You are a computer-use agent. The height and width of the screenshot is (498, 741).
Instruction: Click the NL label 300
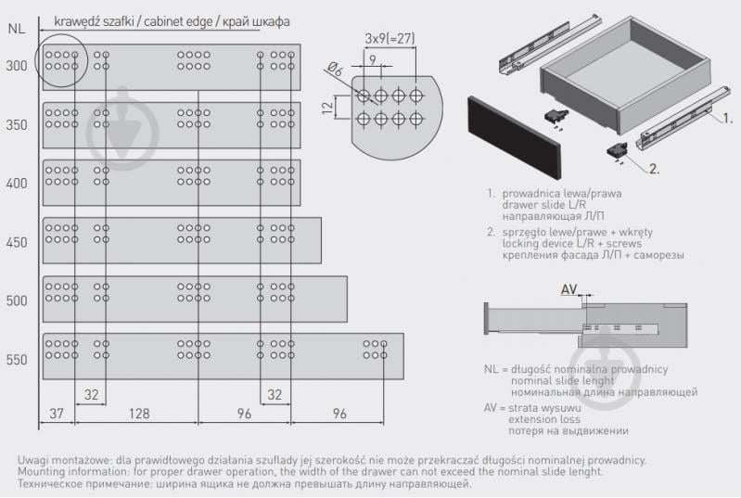(x=17, y=66)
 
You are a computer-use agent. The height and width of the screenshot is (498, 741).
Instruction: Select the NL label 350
(x=17, y=125)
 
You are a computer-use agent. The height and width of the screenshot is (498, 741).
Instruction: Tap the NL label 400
(x=17, y=183)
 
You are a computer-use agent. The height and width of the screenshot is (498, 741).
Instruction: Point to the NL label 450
(x=17, y=242)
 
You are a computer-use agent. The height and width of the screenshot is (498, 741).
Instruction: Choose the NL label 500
(x=17, y=300)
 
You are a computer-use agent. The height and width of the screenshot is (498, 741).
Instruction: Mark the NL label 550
(x=17, y=360)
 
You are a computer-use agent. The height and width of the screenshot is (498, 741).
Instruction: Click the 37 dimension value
(x=57, y=414)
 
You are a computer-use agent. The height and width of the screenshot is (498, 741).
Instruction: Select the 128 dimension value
(x=139, y=414)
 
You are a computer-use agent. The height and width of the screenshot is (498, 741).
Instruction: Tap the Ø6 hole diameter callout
(x=335, y=70)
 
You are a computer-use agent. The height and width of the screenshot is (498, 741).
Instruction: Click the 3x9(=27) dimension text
(x=390, y=38)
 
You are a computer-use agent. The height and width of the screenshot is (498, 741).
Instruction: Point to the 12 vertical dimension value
(x=328, y=107)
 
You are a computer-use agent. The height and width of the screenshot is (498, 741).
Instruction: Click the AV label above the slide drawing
(x=569, y=288)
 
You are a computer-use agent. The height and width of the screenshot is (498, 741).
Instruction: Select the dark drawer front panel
(x=515, y=137)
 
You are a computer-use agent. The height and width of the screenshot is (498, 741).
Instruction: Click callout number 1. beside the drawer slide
(x=727, y=118)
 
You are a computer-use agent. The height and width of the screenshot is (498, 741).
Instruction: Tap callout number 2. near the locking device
(x=654, y=169)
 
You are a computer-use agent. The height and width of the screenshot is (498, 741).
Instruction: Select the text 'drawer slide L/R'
(x=544, y=205)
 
